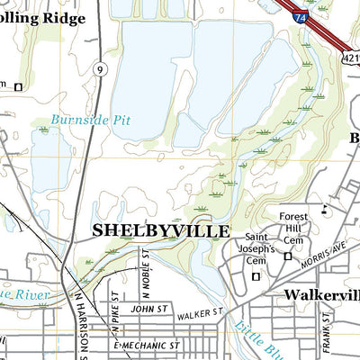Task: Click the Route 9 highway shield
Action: point(98,68)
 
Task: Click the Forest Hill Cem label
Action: point(293,228)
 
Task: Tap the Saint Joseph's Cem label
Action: point(256,250)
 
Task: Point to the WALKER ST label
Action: point(199,314)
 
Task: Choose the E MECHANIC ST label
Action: point(147,345)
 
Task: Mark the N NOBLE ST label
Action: point(144,274)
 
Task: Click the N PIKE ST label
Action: point(115,305)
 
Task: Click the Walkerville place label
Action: point(320,295)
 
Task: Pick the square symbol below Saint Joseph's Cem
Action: point(255,277)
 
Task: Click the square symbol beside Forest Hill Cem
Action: point(287,256)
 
